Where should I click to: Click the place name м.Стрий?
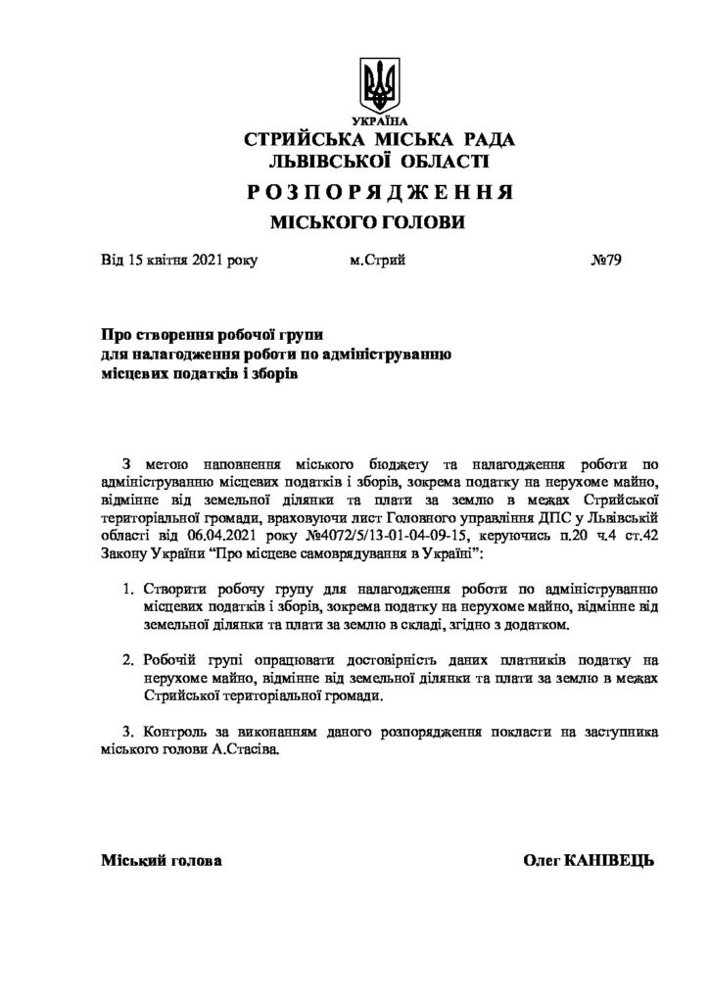[x=376, y=261]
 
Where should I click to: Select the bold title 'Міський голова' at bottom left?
[x=161, y=859]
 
